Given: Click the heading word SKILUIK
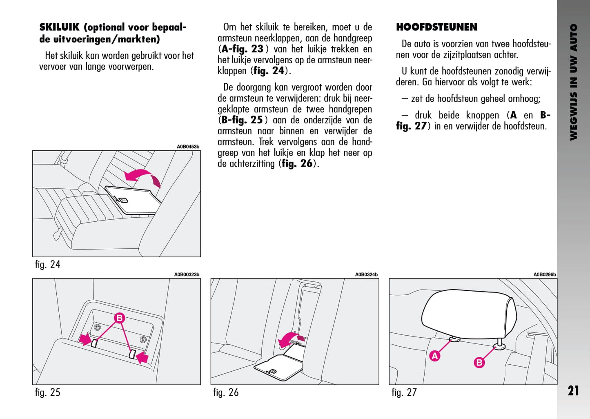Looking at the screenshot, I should tap(59, 27).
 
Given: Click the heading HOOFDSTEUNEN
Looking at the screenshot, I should tap(436, 27).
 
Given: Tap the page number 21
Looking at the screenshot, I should tap(573, 391).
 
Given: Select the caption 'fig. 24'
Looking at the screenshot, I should tap(48, 265).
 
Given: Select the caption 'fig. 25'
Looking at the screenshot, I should tap(48, 392).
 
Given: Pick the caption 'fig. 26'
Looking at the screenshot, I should tap(226, 392).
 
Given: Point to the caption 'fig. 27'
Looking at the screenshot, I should tap(404, 392).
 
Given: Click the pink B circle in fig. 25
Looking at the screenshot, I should tap(120, 318).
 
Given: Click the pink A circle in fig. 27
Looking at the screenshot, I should tap(435, 356).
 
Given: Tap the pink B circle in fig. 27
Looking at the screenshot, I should tap(479, 362).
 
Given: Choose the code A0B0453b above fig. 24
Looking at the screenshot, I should tap(188, 147).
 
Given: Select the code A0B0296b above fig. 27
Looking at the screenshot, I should tap(545, 275).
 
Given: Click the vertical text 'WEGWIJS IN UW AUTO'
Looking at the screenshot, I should tap(574, 82).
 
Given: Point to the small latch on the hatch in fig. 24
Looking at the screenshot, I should tap(124, 200).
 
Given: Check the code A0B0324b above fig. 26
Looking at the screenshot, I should tap(366, 275).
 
